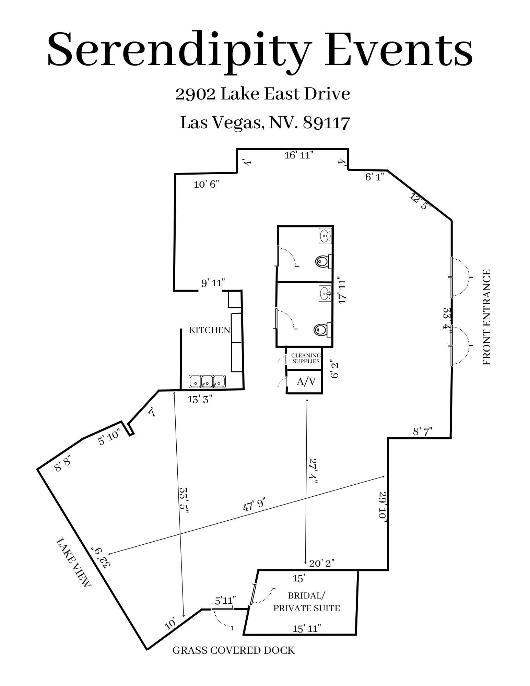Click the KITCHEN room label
[210, 330]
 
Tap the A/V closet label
[306, 381]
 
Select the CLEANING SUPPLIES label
[306, 358]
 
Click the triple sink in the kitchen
[207, 381]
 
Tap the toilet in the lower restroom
[323, 330]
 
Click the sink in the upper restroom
[325, 236]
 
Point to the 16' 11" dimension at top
[299, 155]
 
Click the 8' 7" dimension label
[423, 431]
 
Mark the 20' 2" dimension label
[322, 563]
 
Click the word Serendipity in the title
[180, 50]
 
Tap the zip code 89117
[327, 123]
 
